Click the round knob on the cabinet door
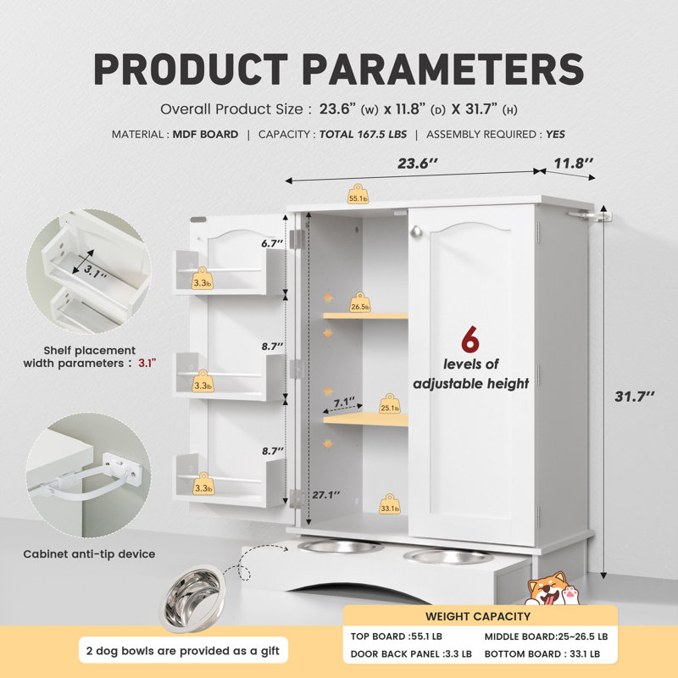coord(416,231)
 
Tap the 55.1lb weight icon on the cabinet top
coord(358,194)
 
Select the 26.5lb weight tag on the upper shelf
coord(360,303)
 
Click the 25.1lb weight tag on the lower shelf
coord(390,403)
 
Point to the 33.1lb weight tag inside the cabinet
coord(390,504)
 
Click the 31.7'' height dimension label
coord(634,396)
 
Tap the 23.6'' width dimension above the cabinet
coord(417,164)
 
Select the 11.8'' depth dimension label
coord(574,163)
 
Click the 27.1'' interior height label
coord(326,495)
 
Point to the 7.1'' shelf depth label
coord(345,402)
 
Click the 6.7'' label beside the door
coord(272,243)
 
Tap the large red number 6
coord(470,340)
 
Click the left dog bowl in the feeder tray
coord(341,546)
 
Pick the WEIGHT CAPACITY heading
coord(478,616)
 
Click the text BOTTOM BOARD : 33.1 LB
coord(542,653)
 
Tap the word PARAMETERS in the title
coord(442,69)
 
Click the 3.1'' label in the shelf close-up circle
coord(95,272)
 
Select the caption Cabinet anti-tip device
coord(89,554)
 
